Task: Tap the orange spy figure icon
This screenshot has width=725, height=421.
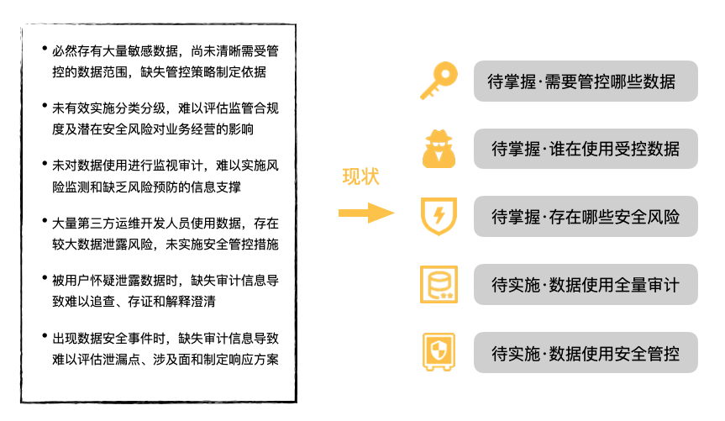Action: [439, 149]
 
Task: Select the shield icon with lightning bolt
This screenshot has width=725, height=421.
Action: [439, 216]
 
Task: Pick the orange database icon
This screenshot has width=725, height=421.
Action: [439, 284]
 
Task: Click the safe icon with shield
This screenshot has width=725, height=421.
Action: [439, 352]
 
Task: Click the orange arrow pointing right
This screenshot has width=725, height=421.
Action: [366, 213]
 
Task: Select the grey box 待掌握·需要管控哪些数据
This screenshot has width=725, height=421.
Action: [586, 82]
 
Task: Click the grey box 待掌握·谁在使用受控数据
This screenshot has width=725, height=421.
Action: [586, 150]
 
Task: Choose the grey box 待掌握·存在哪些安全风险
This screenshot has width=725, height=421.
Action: [586, 217]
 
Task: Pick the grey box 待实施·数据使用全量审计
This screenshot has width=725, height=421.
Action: [586, 285]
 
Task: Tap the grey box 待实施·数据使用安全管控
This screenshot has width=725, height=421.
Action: [586, 353]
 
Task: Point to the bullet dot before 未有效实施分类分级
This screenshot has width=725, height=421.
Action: [44, 108]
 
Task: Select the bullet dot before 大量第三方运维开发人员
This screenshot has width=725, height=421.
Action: [44, 222]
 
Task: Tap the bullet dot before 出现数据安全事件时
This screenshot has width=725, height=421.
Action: [44, 338]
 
